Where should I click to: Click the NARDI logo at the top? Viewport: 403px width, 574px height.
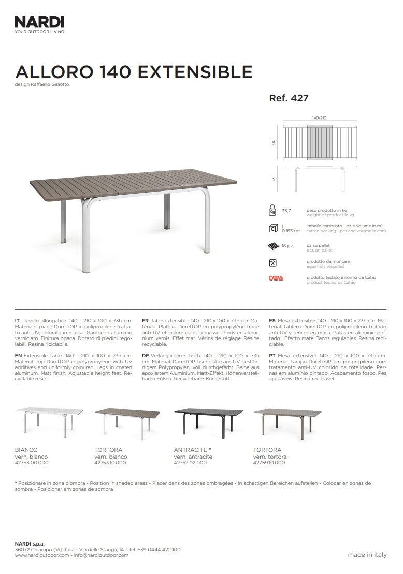[39, 22]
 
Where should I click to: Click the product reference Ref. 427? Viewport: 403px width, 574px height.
[289, 98]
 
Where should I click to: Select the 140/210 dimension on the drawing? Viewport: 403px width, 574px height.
[319, 118]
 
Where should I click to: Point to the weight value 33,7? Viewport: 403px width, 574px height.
[286, 211]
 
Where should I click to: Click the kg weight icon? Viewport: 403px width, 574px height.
[272, 210]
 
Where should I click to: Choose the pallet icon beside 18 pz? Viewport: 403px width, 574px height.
[272, 246]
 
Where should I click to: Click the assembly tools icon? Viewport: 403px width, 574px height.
[272, 263]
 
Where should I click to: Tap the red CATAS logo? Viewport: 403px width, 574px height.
[276, 278]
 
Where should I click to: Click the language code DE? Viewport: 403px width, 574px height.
[145, 356]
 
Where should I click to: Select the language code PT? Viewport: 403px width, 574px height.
[272, 356]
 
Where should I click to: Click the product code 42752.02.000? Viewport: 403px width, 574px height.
[190, 462]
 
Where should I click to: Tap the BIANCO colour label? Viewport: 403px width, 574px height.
[26, 450]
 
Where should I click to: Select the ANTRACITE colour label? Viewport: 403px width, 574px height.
[191, 450]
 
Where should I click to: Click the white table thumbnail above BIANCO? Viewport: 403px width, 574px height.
[49, 420]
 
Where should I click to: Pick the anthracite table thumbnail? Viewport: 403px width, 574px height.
[208, 419]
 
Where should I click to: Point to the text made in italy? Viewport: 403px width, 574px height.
[367, 555]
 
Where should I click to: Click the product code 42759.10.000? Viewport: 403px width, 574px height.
[269, 462]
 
